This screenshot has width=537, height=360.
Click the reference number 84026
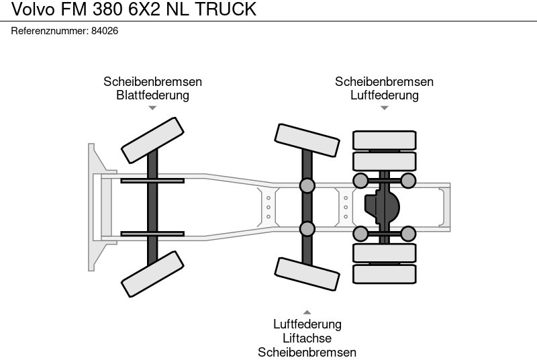[x=104, y=31]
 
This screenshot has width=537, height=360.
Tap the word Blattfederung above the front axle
[x=152, y=95]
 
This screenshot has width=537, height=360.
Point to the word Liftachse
[x=307, y=339]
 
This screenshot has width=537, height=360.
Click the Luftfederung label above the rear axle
[x=384, y=95]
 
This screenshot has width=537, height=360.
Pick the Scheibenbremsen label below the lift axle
[x=307, y=353]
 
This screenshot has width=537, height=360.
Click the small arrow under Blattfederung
[x=152, y=107]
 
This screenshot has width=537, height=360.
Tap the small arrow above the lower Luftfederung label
[x=307, y=312]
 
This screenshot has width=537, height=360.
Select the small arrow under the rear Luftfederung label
[x=384, y=107]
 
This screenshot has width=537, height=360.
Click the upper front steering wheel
[x=152, y=140]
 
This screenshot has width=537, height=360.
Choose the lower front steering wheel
[x=152, y=274]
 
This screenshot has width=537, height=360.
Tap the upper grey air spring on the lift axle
[x=307, y=185]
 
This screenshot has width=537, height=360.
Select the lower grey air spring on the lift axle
[x=307, y=229]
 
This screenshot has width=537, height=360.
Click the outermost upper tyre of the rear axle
[x=385, y=140]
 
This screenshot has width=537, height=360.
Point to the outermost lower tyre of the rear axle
[x=385, y=274]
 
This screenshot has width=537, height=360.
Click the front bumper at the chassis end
[x=93, y=207]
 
